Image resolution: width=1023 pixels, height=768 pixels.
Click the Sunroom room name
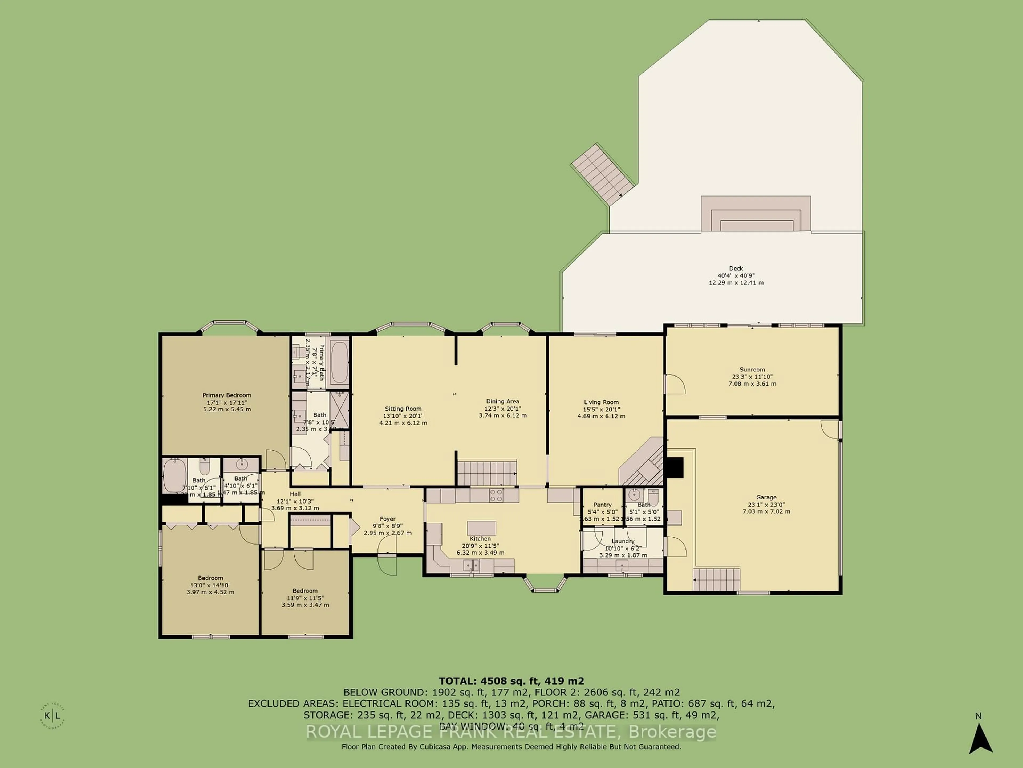coord(752,369)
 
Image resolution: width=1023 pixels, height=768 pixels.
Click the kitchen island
coord(481,528)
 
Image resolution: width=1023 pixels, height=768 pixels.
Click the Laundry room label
coord(623,541)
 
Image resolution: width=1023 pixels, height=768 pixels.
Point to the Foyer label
coord(388,519)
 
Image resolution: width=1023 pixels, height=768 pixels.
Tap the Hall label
coord(295,494)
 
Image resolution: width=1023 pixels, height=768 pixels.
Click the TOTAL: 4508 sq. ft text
coord(511,681)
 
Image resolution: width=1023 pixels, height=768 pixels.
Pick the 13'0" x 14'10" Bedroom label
coord(210,578)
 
